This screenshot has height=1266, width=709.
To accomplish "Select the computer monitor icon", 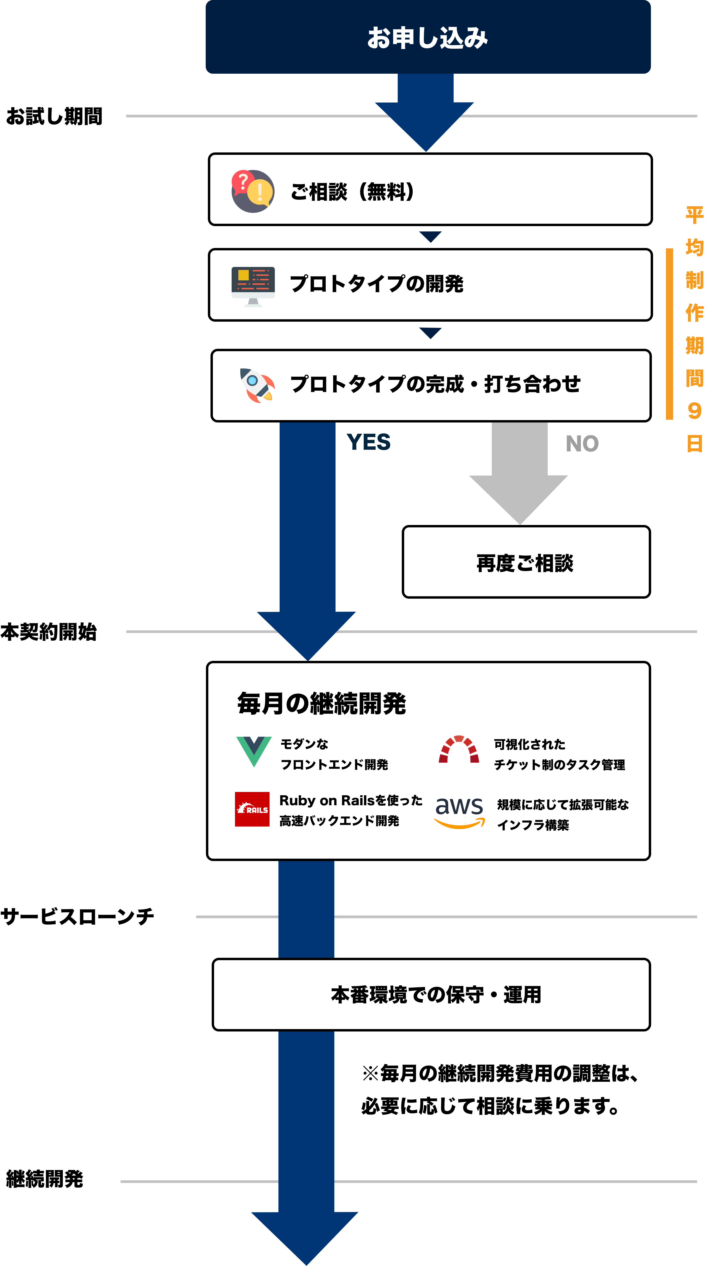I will click(x=253, y=287).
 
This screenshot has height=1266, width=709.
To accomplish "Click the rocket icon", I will click(x=257, y=385).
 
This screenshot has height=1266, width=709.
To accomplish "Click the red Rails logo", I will click(x=252, y=809).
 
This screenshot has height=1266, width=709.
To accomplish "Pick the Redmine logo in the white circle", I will click(x=458, y=751).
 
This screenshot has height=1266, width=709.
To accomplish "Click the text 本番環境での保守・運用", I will click(x=436, y=995).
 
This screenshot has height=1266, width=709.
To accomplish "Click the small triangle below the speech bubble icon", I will click(x=430, y=236).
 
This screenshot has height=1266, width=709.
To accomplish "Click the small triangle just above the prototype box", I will click(x=430, y=333).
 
